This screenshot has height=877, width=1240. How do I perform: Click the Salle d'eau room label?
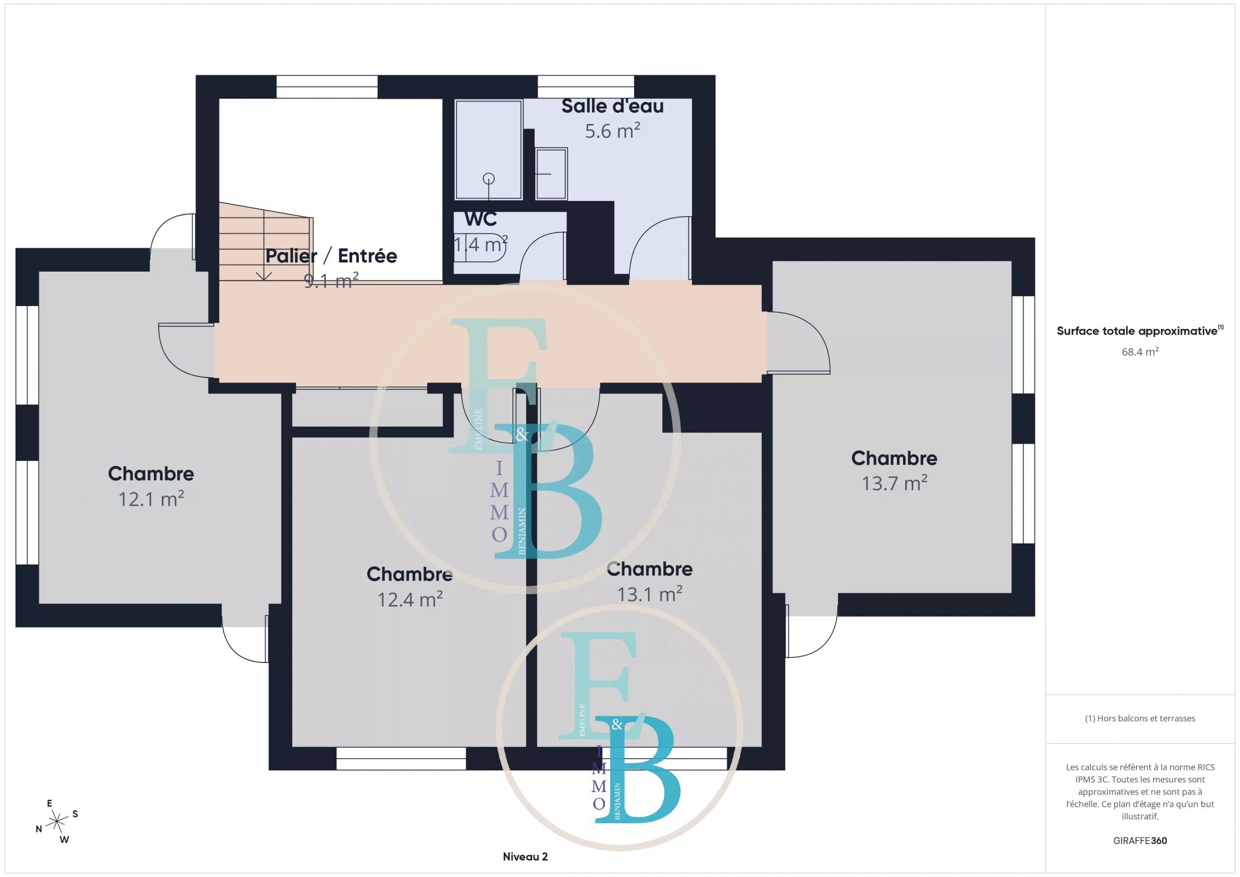612,107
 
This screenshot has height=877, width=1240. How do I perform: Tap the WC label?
480,219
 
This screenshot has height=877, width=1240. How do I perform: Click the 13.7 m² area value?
894,483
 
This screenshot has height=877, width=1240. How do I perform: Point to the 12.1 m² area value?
151,498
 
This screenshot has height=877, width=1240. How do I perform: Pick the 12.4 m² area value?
410,599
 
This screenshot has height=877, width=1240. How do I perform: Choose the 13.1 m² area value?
650,594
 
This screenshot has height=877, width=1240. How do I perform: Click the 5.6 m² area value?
612,131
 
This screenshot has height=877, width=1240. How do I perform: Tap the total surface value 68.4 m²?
1140,352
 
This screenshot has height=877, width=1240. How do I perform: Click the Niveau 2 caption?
525,857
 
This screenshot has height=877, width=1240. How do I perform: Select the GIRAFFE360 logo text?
1140,840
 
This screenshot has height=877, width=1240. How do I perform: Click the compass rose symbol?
57,822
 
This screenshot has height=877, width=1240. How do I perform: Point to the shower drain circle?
489,178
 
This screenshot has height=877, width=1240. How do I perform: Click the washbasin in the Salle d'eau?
551,174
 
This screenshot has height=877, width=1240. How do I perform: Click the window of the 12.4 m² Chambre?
401,758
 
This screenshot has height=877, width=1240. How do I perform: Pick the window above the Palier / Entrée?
327,87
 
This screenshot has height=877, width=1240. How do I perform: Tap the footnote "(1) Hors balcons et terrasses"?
1140,718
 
